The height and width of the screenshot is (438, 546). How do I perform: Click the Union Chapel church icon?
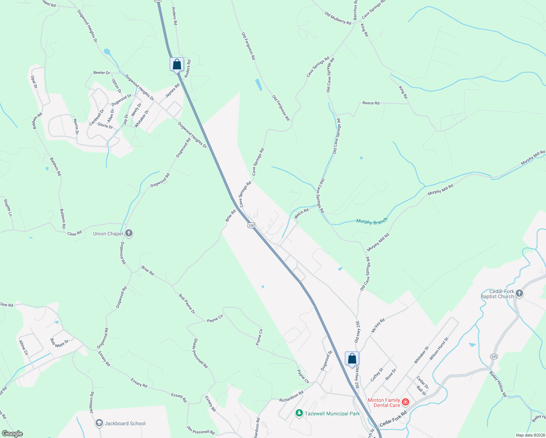128,233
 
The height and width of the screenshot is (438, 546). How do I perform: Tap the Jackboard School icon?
99,423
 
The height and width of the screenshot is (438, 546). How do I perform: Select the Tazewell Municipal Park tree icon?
299,413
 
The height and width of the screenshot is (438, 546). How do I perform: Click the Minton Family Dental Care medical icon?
405,403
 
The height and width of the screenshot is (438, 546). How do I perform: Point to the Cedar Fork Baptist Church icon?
519,293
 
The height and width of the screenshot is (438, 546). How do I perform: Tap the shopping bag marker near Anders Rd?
177,65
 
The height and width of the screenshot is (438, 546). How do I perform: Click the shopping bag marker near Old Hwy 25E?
352,359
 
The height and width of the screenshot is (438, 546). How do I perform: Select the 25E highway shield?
251,225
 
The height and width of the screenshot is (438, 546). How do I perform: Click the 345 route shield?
494,356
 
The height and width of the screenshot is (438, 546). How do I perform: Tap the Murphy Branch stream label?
372,222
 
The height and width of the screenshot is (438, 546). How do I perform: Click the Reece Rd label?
371,103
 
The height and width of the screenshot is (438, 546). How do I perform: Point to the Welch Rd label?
301,213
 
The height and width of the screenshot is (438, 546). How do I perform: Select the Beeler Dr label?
101,73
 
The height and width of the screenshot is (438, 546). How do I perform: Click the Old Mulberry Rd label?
338,18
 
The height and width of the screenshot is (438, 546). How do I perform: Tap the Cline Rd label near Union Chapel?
74,233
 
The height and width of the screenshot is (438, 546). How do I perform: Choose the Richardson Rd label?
291,397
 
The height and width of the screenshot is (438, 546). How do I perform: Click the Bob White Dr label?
59,343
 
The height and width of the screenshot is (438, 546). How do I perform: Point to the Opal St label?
34,82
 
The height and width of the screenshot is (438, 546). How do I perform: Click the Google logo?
12,434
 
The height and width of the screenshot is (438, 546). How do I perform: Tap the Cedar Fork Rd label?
393,420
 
